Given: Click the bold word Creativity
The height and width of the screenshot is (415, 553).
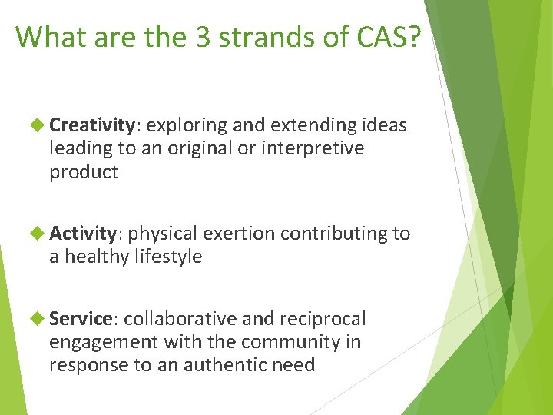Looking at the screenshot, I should click(92, 124).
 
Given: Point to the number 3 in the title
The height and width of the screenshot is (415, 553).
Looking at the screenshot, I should click(204, 37).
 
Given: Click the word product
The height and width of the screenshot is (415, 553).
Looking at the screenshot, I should click(84, 173).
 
